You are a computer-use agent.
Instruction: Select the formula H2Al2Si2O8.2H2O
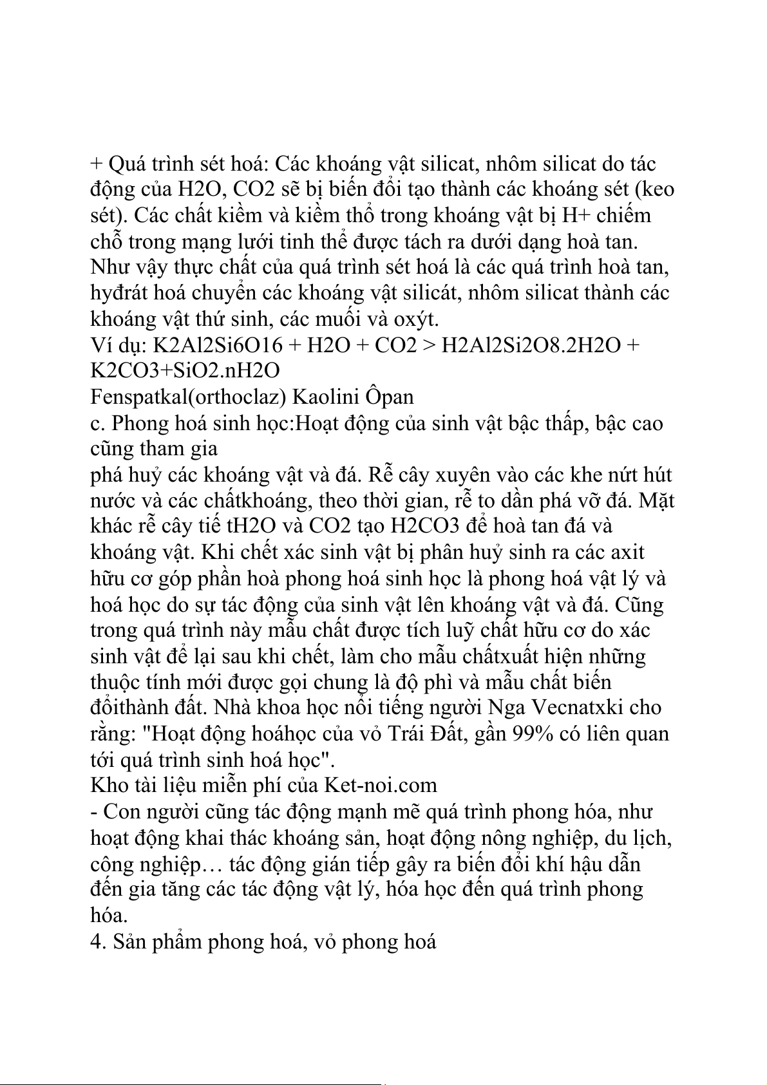tap(533, 346)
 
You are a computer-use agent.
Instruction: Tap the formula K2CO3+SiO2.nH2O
tap(185, 371)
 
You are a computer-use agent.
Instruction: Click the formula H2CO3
tap(425, 526)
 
